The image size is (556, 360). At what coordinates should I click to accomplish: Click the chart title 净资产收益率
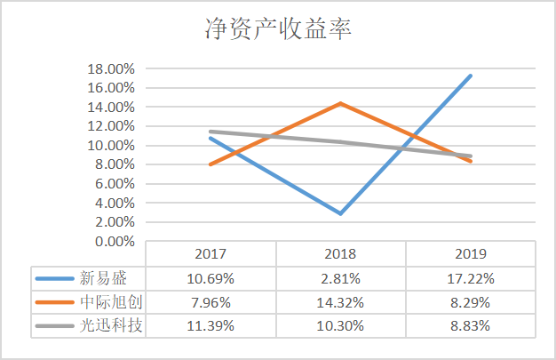tap(277, 31)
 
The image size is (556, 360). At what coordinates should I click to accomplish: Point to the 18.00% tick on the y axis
tap(110, 68)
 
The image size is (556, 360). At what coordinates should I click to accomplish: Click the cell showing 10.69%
tap(210, 278)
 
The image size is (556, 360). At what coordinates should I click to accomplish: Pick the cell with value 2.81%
tap(340, 278)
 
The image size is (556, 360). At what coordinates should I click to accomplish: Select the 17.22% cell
tap(471, 278)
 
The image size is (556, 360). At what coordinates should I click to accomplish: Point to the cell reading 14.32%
tap(340, 302)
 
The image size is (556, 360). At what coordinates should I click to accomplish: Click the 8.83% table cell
tap(471, 325)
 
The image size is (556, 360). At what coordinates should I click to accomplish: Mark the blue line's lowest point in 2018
tap(340, 213)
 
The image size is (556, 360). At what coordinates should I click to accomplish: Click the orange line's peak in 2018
tap(340, 103)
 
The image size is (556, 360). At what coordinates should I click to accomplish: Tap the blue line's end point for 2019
tap(471, 76)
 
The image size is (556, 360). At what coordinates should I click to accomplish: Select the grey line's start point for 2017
tap(210, 132)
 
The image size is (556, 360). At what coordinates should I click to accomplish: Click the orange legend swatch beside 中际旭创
tap(53, 302)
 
